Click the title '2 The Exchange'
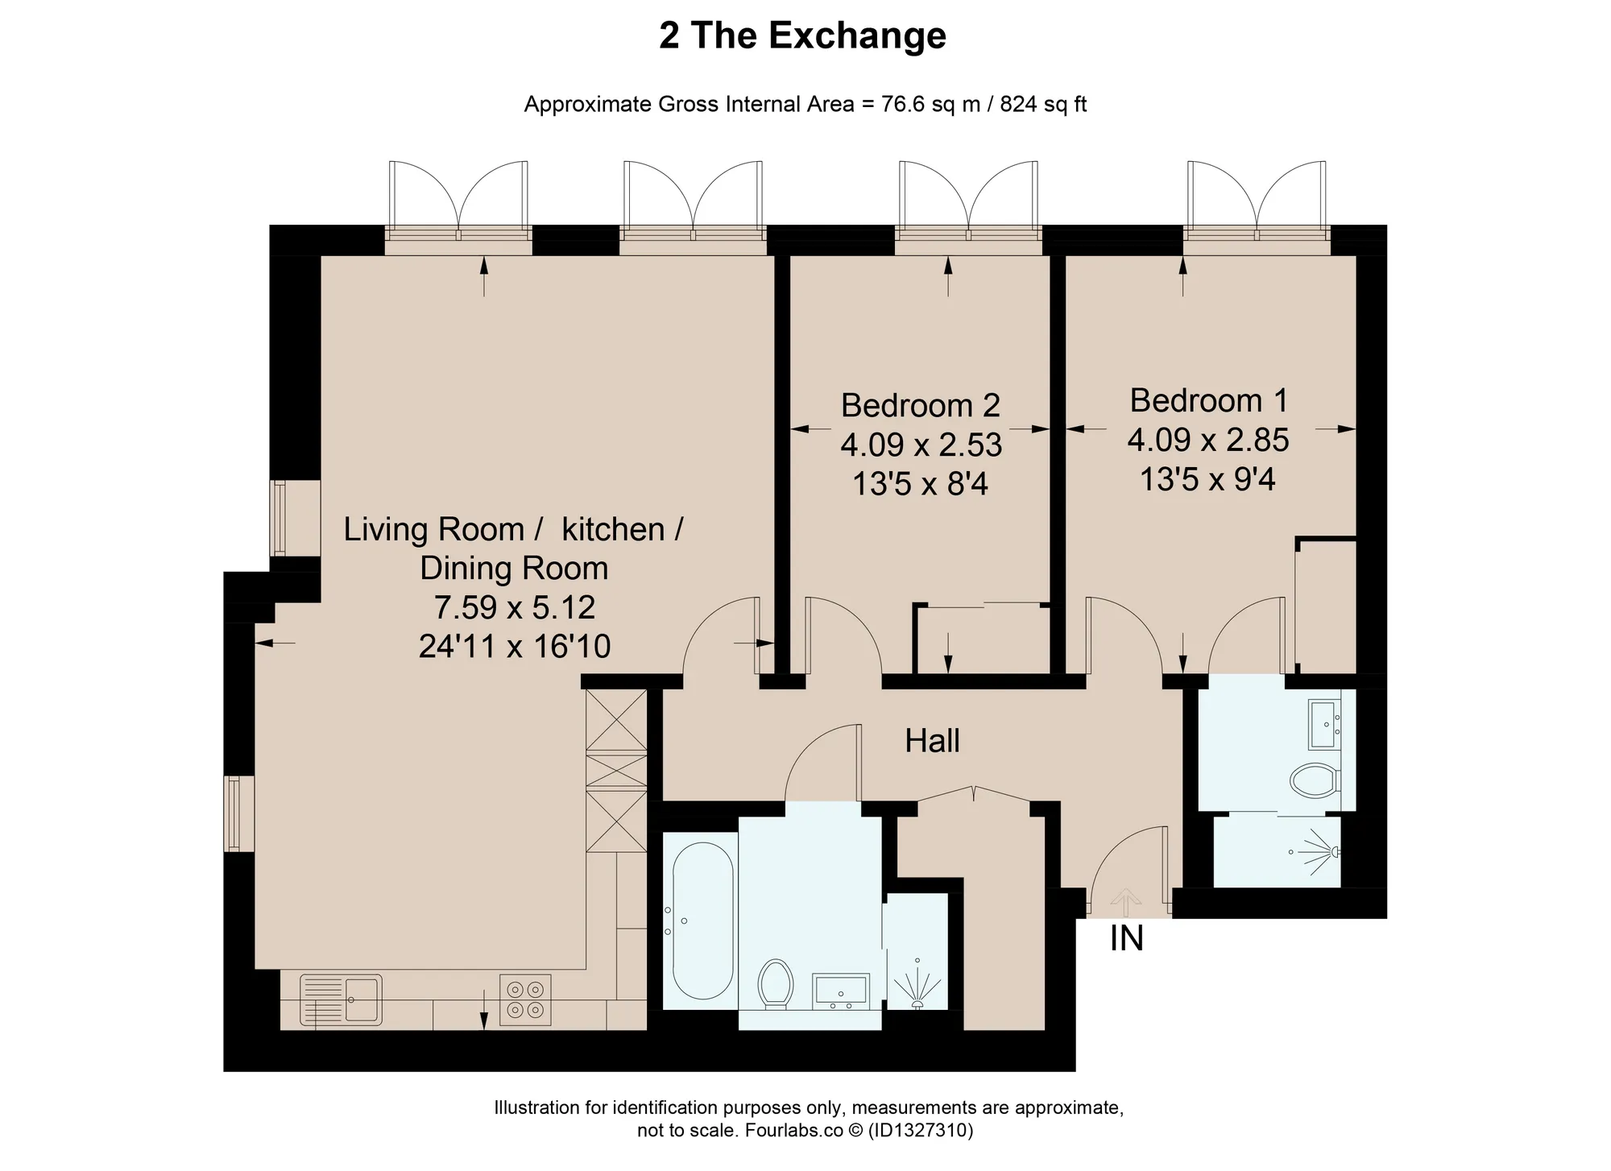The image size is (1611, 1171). tap(802, 35)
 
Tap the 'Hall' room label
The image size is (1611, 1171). tap(932, 741)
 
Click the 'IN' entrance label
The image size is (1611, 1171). tap(1126, 938)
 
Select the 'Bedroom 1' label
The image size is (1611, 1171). tap(1209, 400)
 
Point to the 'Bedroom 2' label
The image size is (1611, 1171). tap(921, 405)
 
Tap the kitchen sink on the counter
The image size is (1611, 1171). tap(341, 1000)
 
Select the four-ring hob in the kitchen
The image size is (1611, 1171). tap(525, 1000)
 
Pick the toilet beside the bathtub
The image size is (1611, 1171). tap(775, 983)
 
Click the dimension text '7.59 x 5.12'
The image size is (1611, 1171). tap(515, 607)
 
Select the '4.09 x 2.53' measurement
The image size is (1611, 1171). tap(921, 445)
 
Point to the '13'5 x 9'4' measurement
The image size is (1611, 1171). tap(1207, 480)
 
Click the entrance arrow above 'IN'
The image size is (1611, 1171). tap(1125, 903)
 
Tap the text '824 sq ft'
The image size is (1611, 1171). tap(1044, 105)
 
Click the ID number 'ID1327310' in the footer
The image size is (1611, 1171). tap(920, 1131)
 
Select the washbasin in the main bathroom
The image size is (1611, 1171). tap(841, 990)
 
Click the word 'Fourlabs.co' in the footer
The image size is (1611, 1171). tap(793, 1131)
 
